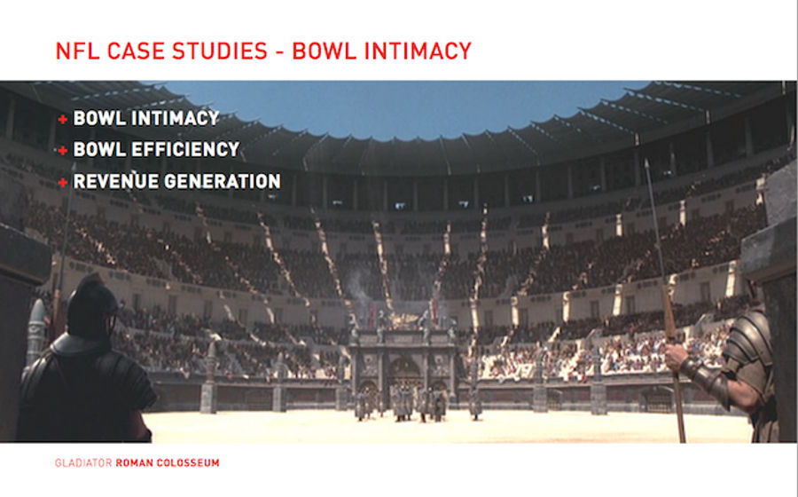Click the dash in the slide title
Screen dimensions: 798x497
[279, 52]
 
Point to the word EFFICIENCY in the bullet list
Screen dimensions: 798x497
[184, 149]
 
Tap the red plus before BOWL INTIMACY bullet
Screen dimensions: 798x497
[63, 119]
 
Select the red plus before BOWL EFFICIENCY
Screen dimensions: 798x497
[63, 150]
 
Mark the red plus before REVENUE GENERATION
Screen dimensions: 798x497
[63, 182]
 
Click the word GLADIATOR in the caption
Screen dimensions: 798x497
[83, 463]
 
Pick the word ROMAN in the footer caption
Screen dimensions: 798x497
[134, 463]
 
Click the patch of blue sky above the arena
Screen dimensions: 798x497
[402, 106]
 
